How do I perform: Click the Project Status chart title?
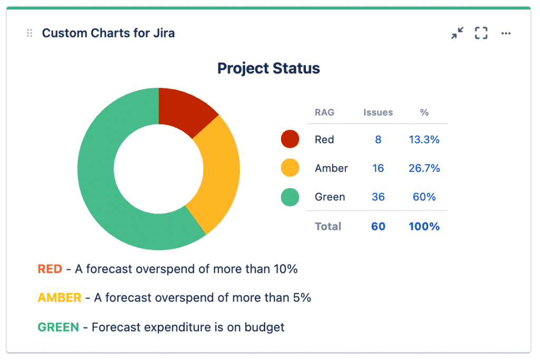pos(268,69)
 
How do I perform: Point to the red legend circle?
pos(290,139)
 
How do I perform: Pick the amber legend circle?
pos(290,168)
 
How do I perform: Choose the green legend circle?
pos(290,197)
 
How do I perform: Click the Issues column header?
pos(378,112)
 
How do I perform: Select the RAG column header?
pos(324,112)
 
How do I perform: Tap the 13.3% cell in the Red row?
pos(424,140)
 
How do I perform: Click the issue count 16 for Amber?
pos(378,168)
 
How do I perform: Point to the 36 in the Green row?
pos(378,197)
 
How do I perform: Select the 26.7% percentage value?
pos(424,168)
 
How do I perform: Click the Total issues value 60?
pos(378,227)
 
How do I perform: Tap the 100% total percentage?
pos(424,227)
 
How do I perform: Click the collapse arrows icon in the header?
pos(457,34)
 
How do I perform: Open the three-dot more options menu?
pos(506,34)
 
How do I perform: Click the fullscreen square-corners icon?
pos(481,34)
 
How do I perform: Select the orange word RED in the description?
pos(50,269)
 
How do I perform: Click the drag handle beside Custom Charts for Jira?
pos(30,34)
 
